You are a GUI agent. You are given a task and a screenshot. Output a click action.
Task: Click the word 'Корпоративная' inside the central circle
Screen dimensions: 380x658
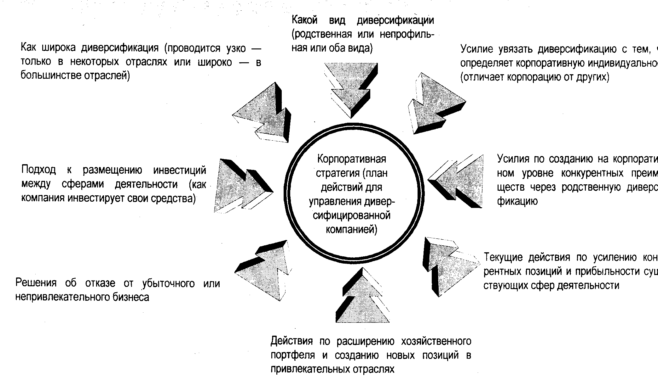(351, 159)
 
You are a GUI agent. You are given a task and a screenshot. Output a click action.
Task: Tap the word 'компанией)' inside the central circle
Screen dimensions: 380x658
(351, 230)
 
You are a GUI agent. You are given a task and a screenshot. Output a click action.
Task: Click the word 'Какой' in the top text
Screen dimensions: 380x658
(304, 20)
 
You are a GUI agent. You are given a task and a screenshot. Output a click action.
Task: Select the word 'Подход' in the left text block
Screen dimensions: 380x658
(38, 170)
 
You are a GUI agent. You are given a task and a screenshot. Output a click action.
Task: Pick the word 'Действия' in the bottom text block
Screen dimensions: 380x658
(291, 341)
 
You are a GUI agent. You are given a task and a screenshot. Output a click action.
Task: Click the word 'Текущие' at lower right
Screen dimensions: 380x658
(503, 258)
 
